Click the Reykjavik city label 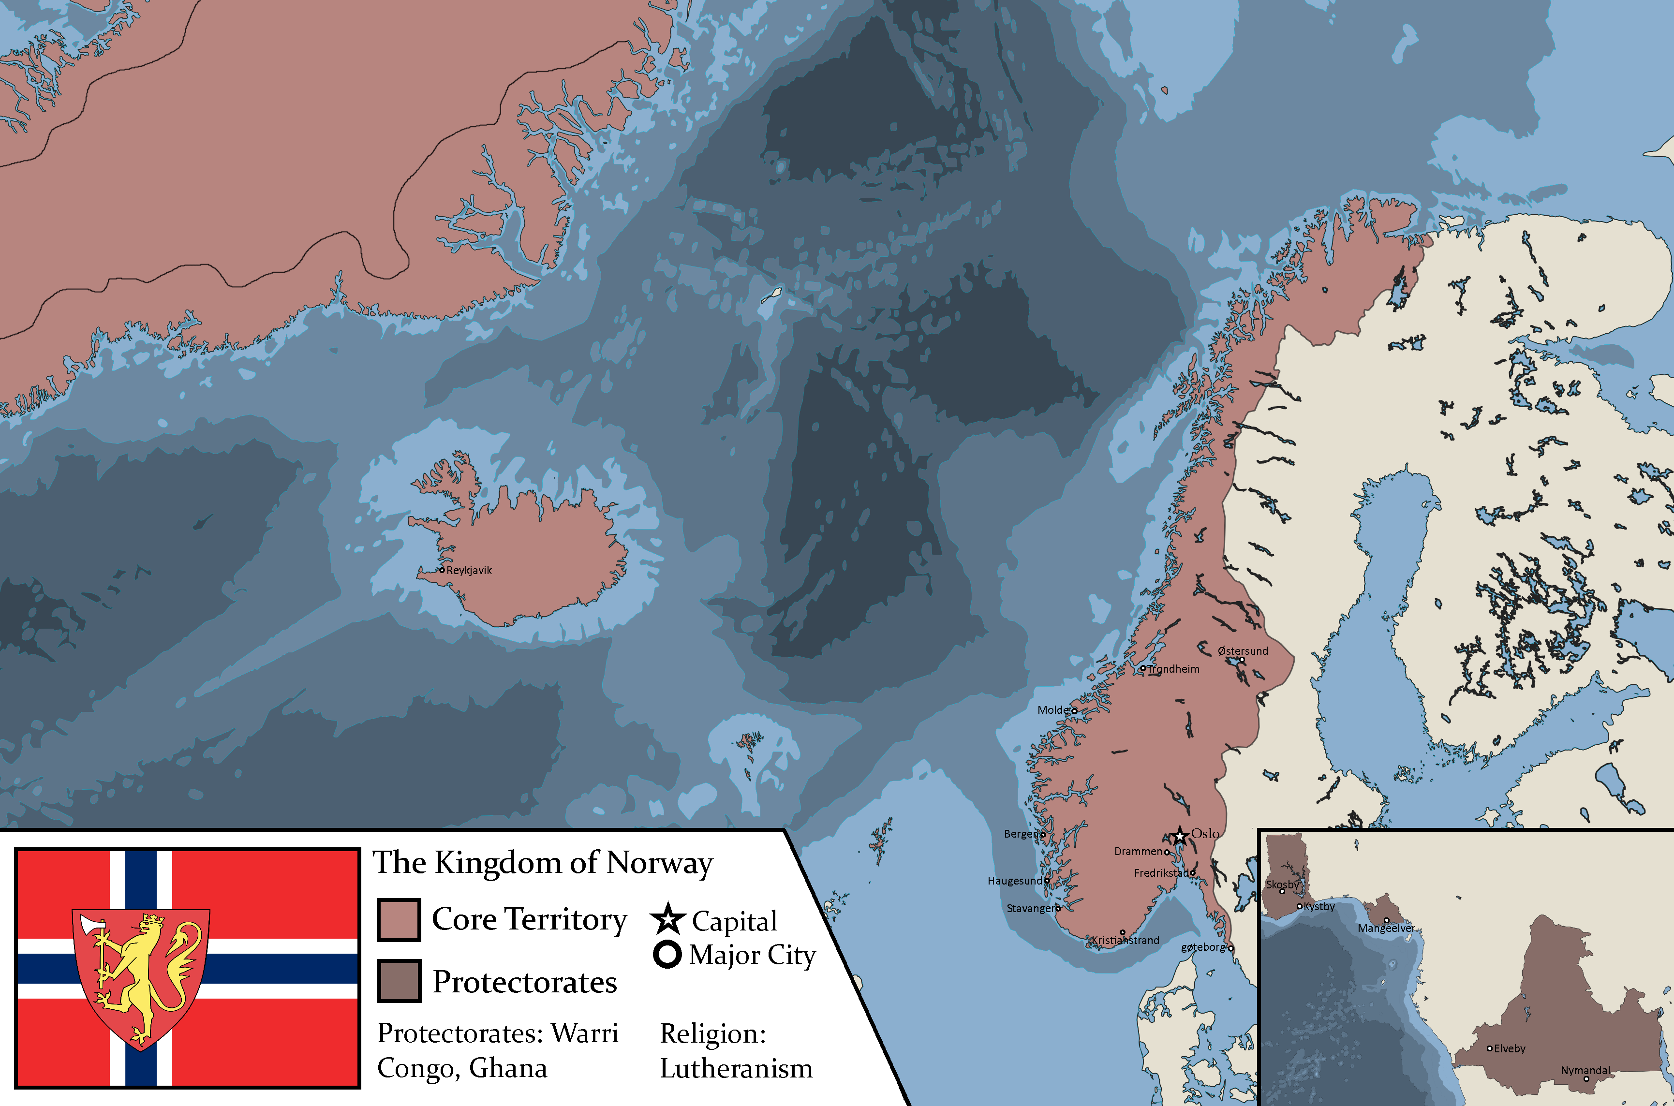(469, 571)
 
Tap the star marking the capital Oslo (1180, 837)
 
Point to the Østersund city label (1243, 651)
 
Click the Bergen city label (1022, 834)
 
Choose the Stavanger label (1031, 909)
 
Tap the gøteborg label (1203, 947)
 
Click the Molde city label (1053, 710)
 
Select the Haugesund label (1014, 881)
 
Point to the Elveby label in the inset (1510, 1049)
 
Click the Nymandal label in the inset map (1585, 1070)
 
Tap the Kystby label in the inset (1319, 906)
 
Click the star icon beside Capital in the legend (667, 919)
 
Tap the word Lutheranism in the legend (736, 1069)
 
